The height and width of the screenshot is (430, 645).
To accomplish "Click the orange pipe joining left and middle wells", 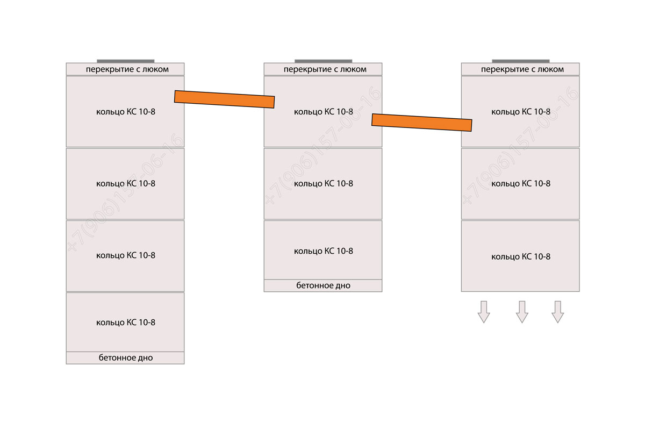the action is (224, 99).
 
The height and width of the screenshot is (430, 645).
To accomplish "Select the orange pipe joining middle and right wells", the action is (422, 123).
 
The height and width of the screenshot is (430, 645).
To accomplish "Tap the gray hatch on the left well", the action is (126, 61).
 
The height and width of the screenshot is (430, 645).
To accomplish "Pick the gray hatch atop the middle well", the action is (324, 61).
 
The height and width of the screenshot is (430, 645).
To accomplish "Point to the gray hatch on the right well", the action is (521, 61).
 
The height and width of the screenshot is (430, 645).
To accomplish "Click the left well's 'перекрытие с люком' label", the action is (127, 69).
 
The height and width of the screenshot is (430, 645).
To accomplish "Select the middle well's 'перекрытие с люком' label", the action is (325, 69).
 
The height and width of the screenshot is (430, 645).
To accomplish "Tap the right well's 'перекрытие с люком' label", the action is (522, 69).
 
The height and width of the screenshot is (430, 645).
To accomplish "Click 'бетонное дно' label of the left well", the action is (126, 358).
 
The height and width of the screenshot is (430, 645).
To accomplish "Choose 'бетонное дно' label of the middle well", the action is (324, 285).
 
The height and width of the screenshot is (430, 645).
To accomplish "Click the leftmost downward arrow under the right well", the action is (484, 312).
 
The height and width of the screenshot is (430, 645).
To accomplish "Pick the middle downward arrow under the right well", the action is (522, 312).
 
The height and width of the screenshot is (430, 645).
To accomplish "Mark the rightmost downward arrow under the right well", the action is (558, 312).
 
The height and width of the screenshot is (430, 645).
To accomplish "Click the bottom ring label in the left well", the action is (126, 322).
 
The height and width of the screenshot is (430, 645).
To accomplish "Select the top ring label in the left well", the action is (126, 112).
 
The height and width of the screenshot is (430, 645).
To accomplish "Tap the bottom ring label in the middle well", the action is (324, 251).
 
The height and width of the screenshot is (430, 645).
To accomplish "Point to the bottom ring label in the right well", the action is (521, 256).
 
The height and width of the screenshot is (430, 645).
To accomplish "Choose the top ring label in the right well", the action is (521, 112).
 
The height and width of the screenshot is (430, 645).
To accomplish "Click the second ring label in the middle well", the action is (324, 184).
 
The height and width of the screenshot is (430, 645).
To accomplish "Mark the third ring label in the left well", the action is (126, 255).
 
